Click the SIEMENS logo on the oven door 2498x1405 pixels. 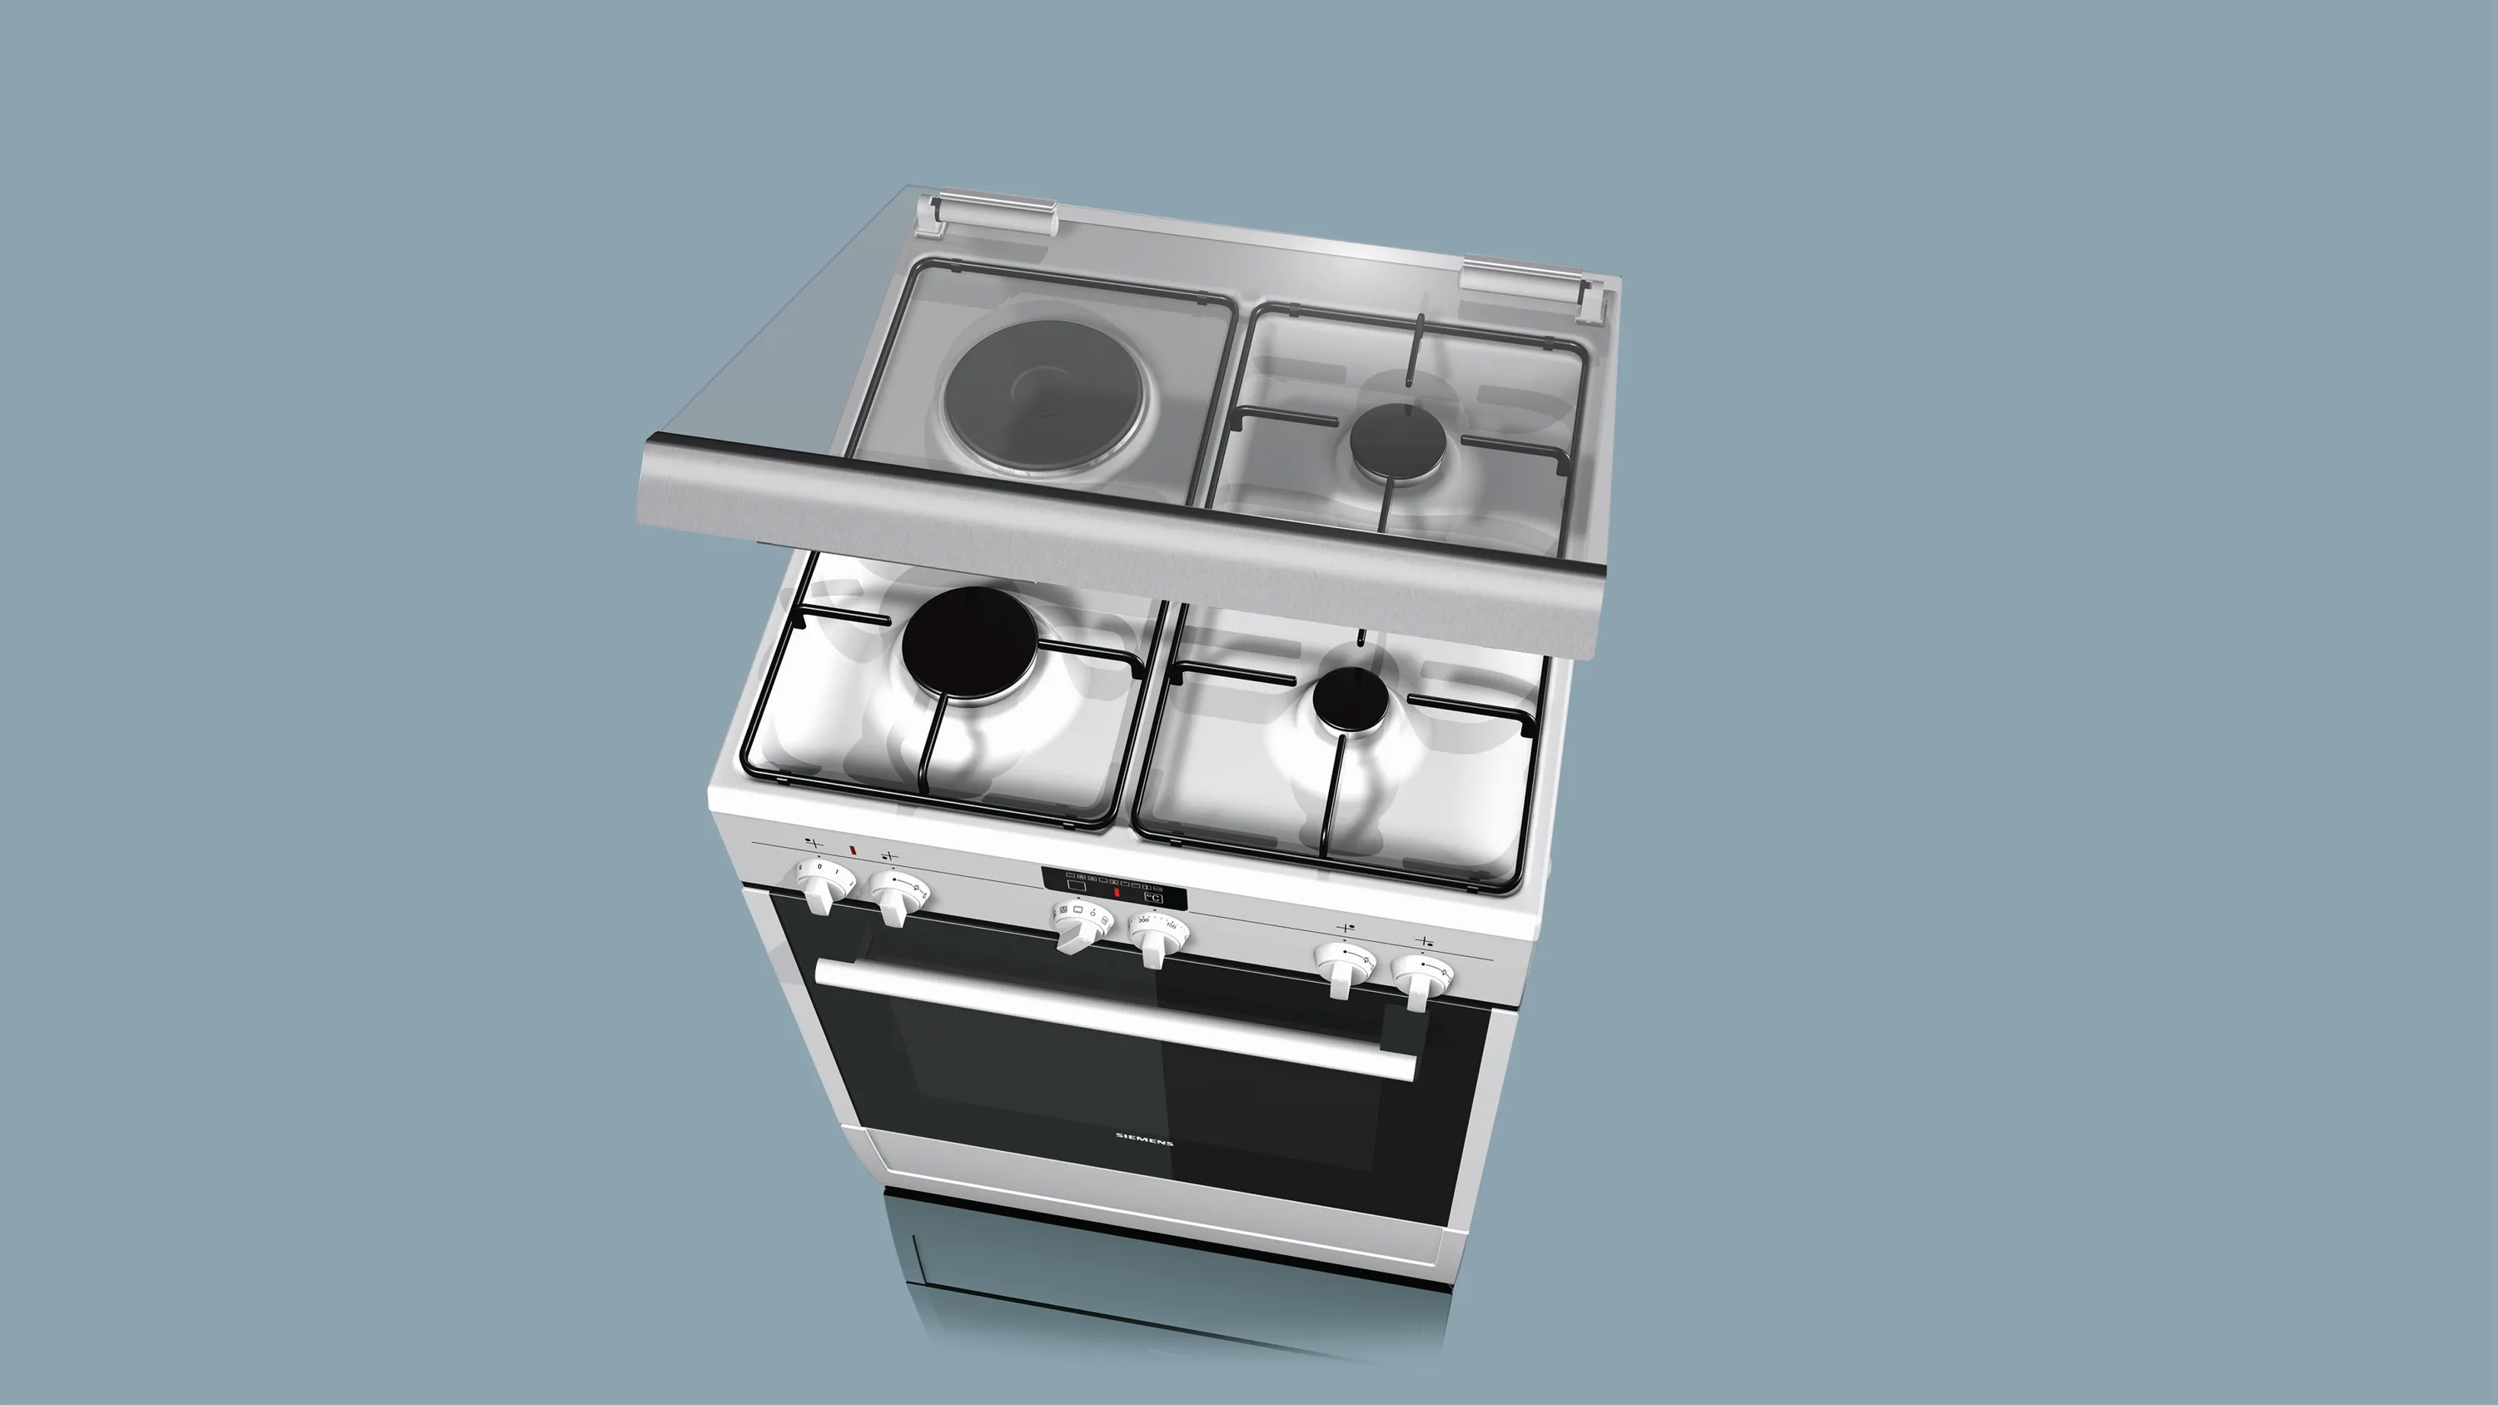[x=1145, y=1138]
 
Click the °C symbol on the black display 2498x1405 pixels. [x=1153, y=898]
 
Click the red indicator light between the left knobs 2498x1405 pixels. [x=853, y=850]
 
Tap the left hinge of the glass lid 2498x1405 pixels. [x=989, y=212]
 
